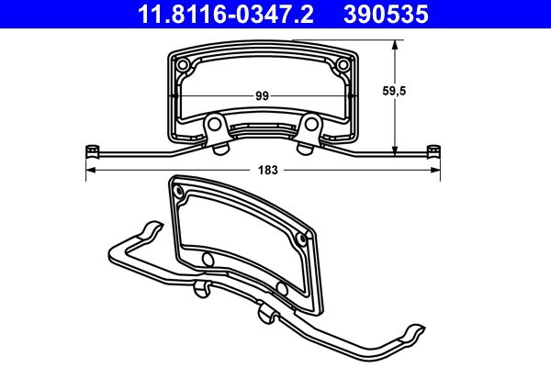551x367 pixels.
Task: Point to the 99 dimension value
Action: click(262, 95)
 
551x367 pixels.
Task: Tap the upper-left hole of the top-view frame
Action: click(184, 65)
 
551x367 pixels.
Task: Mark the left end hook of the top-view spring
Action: click(91, 150)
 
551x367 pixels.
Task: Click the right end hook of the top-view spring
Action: click(434, 150)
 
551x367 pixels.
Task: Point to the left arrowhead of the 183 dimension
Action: click(89, 171)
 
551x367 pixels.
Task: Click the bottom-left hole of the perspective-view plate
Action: click(208, 261)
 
